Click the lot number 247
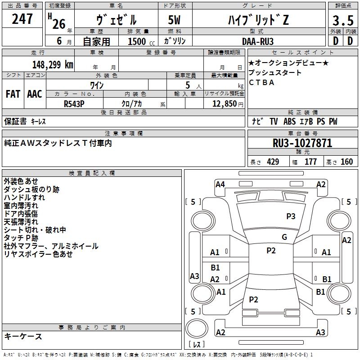click(22, 19)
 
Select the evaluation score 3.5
click(342, 20)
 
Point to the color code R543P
click(75, 103)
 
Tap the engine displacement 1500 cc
click(140, 41)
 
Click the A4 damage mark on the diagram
click(220, 184)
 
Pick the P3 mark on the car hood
click(291, 216)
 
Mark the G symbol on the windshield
click(284, 237)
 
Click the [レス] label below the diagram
click(196, 344)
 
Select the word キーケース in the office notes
click(23, 336)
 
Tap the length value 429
click(273, 162)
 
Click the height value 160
click(346, 162)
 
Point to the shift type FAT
click(13, 94)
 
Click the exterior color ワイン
click(97, 85)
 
